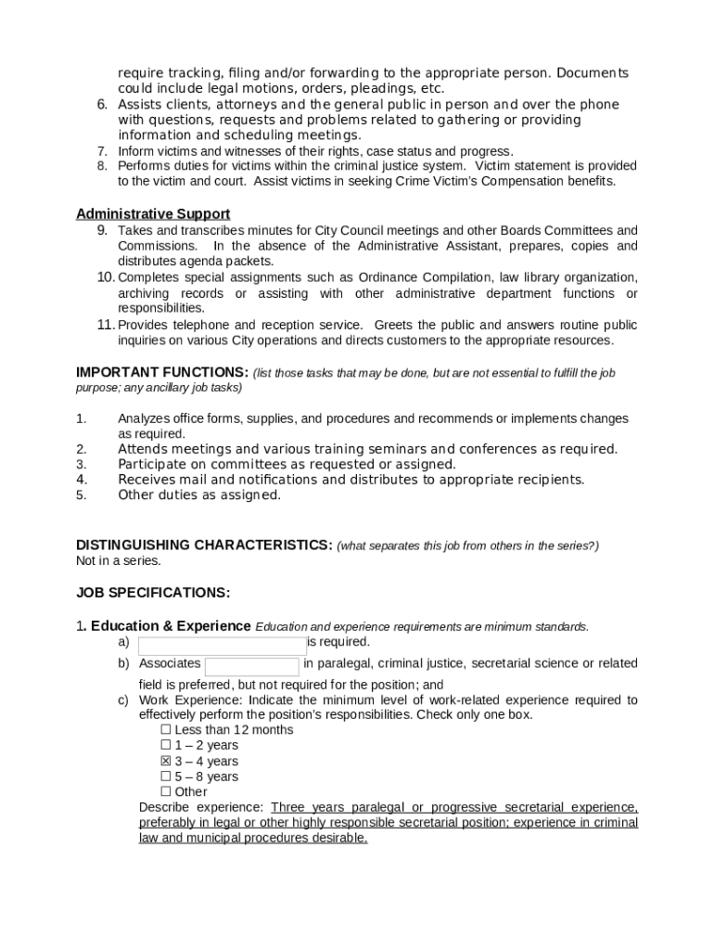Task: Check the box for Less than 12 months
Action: tap(166, 730)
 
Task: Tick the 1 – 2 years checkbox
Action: tap(166, 745)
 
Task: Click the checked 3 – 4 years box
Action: tap(166, 761)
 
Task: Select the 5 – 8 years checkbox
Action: tap(166, 777)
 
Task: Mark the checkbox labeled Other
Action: tap(166, 791)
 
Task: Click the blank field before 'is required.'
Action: tap(222, 646)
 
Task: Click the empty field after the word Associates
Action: tap(251, 666)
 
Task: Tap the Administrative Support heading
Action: tap(153, 214)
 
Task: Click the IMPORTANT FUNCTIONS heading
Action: tap(161, 372)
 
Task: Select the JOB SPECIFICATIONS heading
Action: tap(153, 592)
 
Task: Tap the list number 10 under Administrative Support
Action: tap(105, 277)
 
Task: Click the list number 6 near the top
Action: tap(104, 104)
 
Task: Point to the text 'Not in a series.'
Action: tap(119, 560)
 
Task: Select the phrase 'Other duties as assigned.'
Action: tap(198, 494)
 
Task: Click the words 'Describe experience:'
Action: tap(201, 807)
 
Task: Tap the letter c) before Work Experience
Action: tap(122, 700)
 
